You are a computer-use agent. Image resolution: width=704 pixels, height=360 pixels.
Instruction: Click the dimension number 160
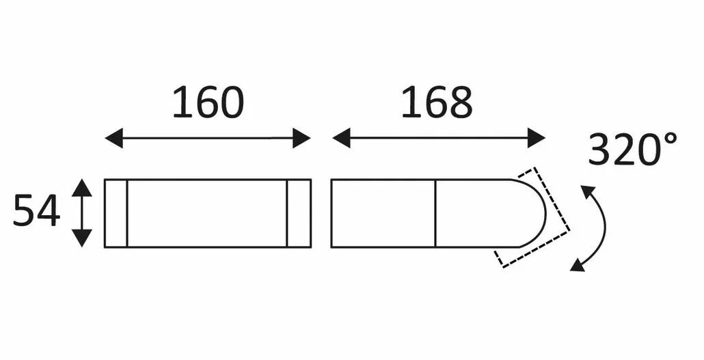pyautogui.click(x=208, y=102)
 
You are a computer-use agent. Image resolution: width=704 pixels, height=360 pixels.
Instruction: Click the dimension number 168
pyautogui.click(x=436, y=102)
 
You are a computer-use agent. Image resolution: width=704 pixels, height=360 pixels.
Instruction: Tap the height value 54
pyautogui.click(x=36, y=211)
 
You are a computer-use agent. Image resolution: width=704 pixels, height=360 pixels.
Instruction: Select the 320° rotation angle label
pyautogui.click(x=632, y=149)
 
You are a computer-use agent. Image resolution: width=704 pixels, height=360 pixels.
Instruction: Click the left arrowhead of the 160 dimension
pyautogui.click(x=113, y=138)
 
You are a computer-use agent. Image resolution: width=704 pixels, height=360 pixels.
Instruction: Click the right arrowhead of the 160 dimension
pyautogui.click(x=301, y=138)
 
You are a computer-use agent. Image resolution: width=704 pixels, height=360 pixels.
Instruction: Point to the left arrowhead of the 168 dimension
pyautogui.click(x=341, y=138)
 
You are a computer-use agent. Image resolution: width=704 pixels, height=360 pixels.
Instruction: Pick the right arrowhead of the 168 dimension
pyautogui.click(x=536, y=138)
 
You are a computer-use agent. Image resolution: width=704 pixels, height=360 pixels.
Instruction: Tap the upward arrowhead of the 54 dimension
pyautogui.click(x=82, y=188)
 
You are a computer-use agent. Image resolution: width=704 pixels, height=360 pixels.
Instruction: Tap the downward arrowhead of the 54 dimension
pyautogui.click(x=82, y=238)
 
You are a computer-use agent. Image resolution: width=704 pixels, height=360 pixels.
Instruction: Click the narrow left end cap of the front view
pyautogui.click(x=116, y=213)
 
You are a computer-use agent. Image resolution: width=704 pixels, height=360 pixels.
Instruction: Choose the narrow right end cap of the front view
pyautogui.click(x=299, y=213)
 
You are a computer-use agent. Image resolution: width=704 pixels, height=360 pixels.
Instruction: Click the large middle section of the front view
pyautogui.click(x=207, y=213)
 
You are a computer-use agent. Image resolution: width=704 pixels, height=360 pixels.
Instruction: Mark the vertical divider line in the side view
pyautogui.click(x=435, y=213)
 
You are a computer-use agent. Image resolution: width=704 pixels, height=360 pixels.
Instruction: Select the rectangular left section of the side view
pyautogui.click(x=383, y=213)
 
